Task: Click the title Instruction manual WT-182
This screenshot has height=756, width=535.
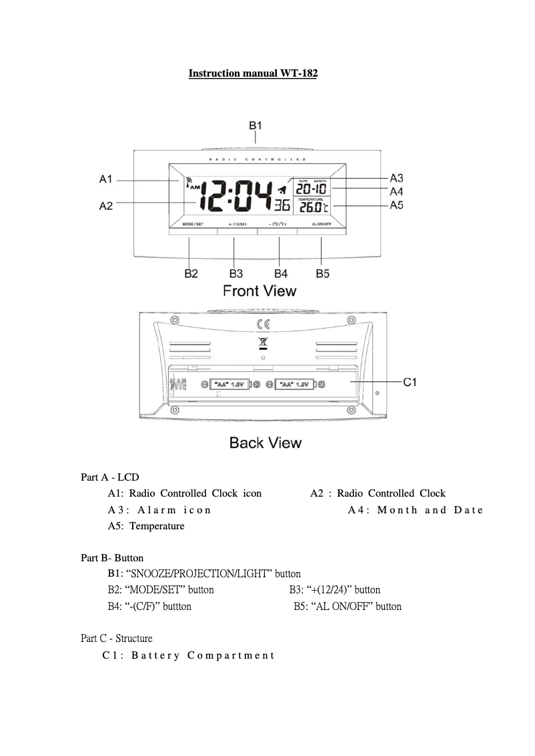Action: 253,73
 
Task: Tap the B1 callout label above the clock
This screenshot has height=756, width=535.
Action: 255,125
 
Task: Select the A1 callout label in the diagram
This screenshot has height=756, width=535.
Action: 106,179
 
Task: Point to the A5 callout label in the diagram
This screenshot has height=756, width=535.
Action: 396,205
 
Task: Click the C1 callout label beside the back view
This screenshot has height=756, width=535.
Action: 410,382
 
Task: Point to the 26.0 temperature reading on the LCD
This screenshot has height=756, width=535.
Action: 311,207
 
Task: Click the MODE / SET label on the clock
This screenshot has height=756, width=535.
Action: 193,224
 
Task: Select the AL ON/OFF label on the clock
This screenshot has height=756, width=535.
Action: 322,224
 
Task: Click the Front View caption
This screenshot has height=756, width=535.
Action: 259,291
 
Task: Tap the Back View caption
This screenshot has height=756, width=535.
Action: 265,443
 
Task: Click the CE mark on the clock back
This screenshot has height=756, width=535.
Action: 264,325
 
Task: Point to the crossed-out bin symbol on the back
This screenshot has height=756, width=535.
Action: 263,344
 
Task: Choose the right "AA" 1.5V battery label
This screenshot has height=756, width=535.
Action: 294,385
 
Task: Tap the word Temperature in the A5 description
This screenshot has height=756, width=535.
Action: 157,526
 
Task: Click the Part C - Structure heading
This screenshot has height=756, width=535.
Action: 116,639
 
